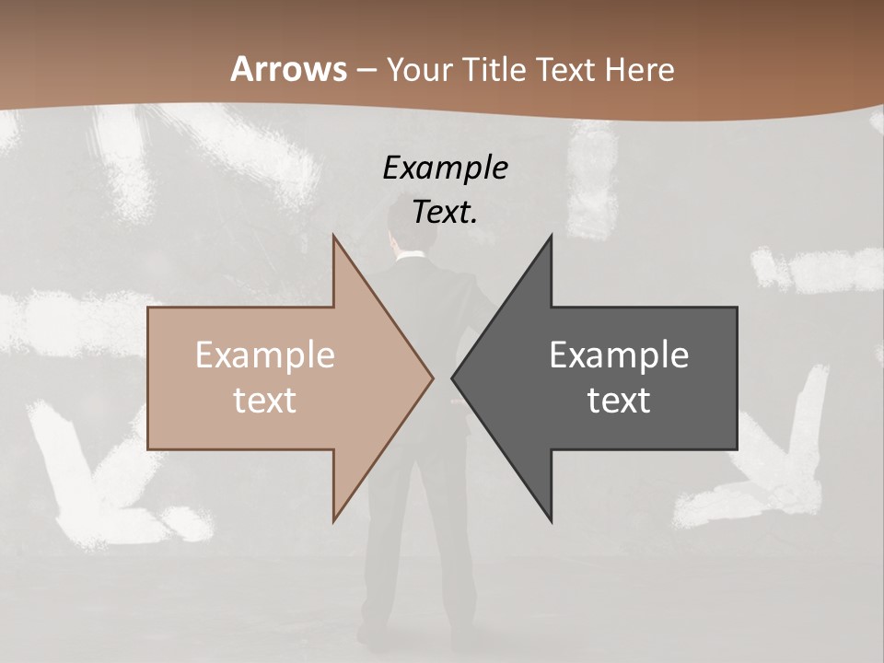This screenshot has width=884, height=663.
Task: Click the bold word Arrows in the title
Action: click(288, 69)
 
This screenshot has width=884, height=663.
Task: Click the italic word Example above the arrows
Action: click(445, 169)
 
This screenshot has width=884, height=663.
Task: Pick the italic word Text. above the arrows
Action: click(445, 213)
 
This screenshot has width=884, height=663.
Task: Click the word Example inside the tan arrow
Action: click(264, 355)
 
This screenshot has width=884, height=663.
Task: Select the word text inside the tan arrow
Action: click(264, 401)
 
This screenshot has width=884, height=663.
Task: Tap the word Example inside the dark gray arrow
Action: click(619, 355)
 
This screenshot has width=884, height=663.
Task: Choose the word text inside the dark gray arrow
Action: click(619, 401)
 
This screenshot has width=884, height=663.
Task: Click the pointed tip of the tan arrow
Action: click(432, 378)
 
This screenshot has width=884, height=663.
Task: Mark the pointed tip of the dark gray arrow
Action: click(453, 378)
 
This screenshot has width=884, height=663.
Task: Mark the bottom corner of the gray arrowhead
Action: click(551, 521)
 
